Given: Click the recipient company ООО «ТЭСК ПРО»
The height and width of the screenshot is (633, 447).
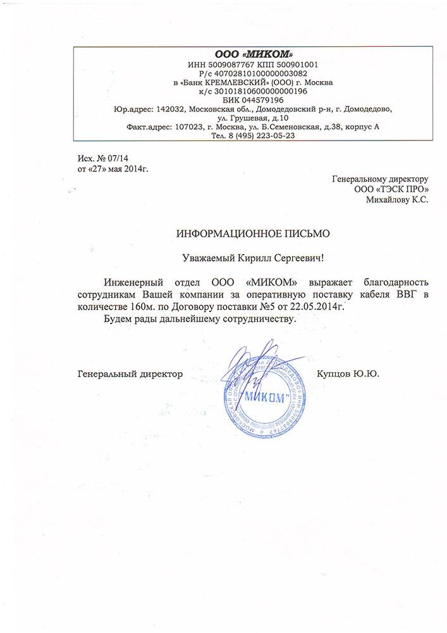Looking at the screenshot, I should click(x=392, y=189).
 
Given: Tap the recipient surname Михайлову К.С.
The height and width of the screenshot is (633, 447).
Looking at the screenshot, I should click(x=397, y=199).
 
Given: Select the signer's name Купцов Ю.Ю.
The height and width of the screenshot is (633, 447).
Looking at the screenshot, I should click(x=348, y=375).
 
